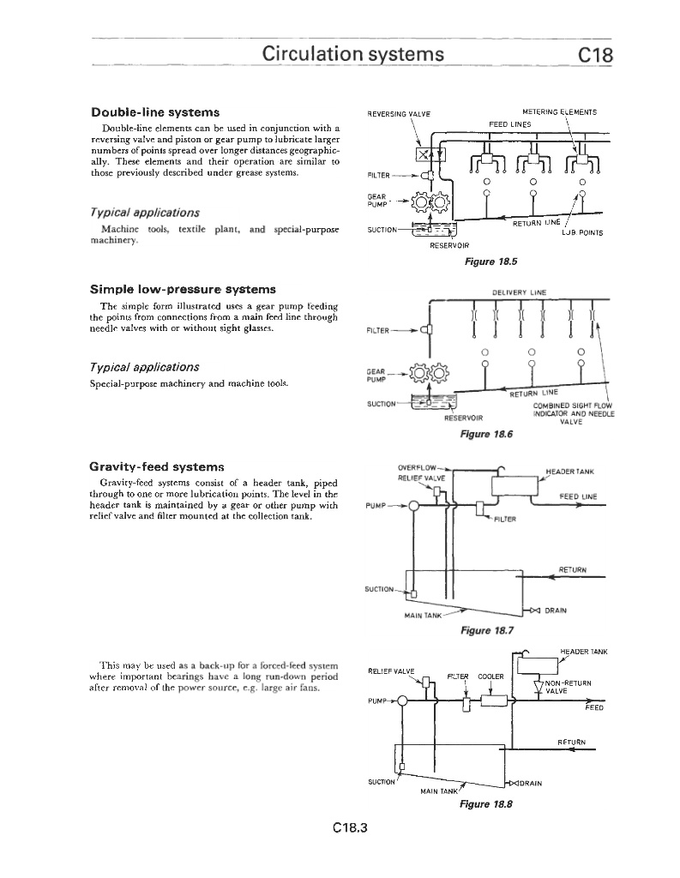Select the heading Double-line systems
[x=155, y=112]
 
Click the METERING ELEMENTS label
[x=560, y=111]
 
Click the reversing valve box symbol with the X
[x=423, y=154]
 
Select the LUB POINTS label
[x=583, y=232]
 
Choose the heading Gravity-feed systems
[x=157, y=467]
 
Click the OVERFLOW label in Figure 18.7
[x=418, y=468]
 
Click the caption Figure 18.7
[x=486, y=632]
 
